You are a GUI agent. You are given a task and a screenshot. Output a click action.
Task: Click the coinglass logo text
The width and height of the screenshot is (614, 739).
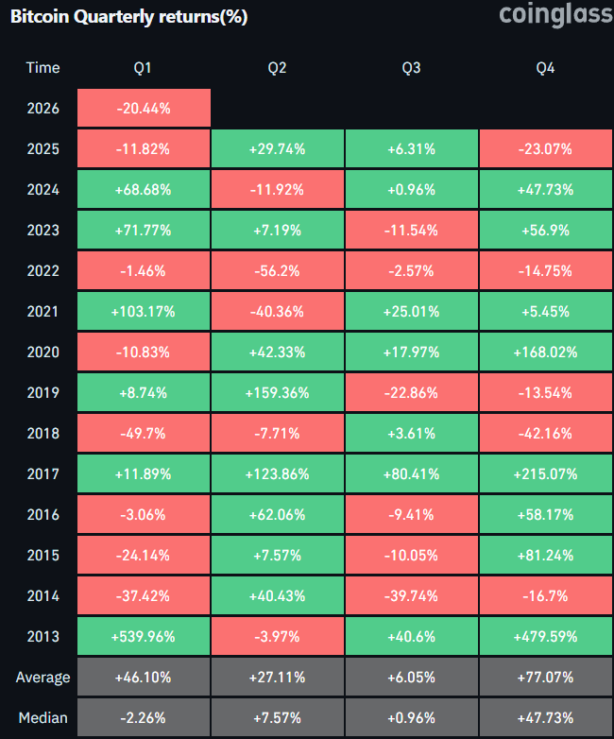click(554, 15)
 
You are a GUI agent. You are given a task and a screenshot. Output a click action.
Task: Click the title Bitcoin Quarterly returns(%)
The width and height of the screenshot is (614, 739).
click(128, 18)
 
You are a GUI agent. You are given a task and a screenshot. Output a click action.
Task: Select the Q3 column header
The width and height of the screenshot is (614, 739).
click(411, 68)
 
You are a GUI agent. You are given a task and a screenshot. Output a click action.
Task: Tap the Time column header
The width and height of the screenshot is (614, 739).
click(43, 68)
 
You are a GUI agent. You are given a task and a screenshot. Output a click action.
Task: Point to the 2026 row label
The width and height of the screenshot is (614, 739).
click(43, 109)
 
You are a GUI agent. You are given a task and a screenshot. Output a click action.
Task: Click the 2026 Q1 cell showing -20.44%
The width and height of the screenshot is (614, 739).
click(144, 109)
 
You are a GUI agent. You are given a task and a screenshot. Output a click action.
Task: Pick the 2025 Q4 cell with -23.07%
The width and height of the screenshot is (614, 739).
click(546, 149)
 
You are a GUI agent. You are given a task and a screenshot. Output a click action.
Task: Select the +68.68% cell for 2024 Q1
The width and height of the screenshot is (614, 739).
click(144, 190)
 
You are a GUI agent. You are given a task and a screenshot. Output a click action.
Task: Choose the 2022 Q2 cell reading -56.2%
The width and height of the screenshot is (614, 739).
click(278, 271)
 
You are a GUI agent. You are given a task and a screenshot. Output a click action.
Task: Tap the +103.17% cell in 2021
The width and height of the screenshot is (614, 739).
click(144, 312)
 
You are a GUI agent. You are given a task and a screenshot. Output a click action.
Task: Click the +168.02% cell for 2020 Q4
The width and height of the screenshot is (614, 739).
click(546, 352)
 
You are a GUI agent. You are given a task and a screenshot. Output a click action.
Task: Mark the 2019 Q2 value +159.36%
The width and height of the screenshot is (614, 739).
click(278, 393)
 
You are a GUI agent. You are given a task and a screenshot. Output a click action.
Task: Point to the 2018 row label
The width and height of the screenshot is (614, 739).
click(43, 434)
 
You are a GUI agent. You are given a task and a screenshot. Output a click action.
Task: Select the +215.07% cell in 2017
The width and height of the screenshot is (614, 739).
click(546, 474)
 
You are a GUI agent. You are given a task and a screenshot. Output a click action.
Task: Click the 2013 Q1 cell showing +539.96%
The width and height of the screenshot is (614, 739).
click(144, 637)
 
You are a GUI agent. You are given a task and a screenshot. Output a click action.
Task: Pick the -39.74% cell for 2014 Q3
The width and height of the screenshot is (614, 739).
click(411, 596)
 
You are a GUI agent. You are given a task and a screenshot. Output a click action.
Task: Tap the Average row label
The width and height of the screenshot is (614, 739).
click(43, 678)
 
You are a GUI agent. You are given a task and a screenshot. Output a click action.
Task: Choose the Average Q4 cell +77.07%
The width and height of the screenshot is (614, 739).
click(546, 678)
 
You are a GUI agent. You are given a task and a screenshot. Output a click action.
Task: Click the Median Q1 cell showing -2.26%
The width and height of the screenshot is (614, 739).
click(144, 718)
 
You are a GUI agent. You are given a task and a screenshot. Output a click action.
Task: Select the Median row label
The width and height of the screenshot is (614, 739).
click(43, 718)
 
